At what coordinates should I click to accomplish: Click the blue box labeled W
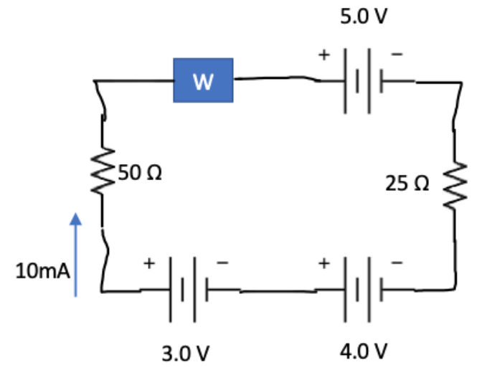[x=203, y=80]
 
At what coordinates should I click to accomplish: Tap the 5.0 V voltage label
[x=364, y=16]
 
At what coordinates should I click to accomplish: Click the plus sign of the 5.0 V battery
[x=324, y=54]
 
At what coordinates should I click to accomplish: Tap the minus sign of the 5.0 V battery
[x=397, y=53]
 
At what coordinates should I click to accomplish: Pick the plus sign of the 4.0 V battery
[x=325, y=264]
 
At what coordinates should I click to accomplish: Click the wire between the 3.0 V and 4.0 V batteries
[x=273, y=292]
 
